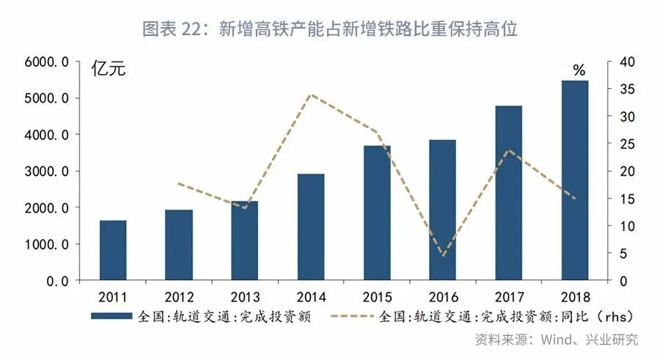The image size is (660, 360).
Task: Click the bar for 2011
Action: point(113,250)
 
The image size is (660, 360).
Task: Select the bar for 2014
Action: point(311,227)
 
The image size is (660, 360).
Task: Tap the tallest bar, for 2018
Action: point(575,180)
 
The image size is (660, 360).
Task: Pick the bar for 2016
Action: point(442,210)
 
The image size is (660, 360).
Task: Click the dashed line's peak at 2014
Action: point(311,95)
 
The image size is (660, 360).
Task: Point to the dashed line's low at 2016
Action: point(442,256)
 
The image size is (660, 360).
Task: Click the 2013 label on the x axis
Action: point(245,298)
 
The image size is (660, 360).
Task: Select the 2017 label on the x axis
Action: point(509,298)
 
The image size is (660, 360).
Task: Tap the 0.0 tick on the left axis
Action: point(58,281)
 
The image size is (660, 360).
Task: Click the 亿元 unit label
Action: point(108,70)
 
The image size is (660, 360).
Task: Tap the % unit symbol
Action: point(579,70)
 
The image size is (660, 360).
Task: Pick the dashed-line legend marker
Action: point(353,317)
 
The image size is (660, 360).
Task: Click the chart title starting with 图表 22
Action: point(330,29)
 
